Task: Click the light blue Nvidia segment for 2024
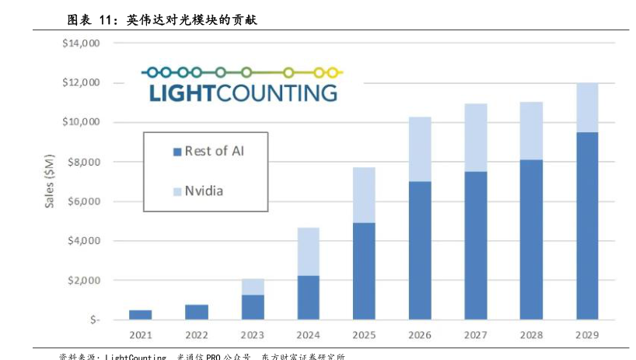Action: (x=309, y=251)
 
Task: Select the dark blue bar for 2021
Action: (x=141, y=314)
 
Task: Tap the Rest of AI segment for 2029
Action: (x=588, y=225)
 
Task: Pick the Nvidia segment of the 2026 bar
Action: (x=420, y=149)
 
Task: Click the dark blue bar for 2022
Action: (x=197, y=312)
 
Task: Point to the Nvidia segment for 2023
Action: (x=253, y=287)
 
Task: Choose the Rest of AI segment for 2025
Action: (x=364, y=271)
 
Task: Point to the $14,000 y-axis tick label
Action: (x=81, y=44)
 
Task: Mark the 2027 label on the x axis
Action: (x=476, y=335)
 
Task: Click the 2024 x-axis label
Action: (x=309, y=335)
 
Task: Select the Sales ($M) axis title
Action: (x=50, y=180)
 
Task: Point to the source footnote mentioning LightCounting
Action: (x=202, y=356)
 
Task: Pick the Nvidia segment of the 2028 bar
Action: (x=532, y=131)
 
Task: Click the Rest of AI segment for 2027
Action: (x=476, y=245)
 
